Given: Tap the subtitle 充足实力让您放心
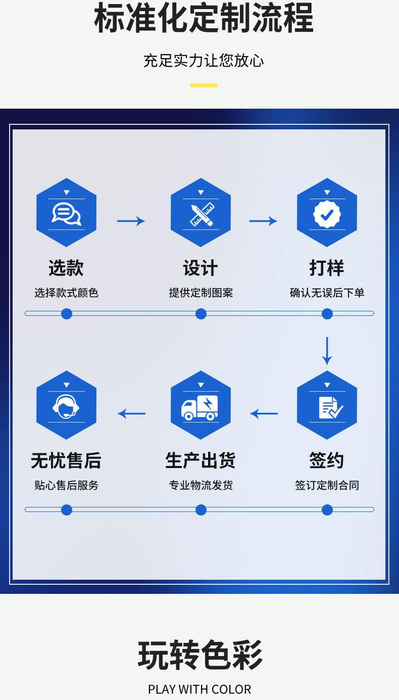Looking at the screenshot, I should click(204, 61).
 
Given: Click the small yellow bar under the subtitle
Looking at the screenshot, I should click(204, 85).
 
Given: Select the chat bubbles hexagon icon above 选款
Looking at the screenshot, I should click(66, 213).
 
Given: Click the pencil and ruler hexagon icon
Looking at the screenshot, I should click(201, 213).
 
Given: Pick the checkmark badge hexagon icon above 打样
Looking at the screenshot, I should click(327, 213).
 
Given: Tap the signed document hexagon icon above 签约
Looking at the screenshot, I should click(327, 405).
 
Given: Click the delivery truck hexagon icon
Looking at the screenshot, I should click(201, 405).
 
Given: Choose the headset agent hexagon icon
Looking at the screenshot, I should click(66, 405).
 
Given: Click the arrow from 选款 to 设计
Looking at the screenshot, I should click(131, 221).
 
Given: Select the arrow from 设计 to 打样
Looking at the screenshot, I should click(263, 221).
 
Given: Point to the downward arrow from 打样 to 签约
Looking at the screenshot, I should click(327, 350).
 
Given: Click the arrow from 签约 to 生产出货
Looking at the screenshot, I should click(264, 414).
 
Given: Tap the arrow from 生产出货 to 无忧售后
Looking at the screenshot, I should click(131, 414).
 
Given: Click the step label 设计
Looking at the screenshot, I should click(201, 268).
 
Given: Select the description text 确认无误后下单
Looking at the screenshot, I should click(327, 293).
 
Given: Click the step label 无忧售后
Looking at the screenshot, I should click(66, 460).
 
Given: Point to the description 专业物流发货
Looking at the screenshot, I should click(201, 485).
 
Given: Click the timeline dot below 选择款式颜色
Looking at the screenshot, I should click(66, 314).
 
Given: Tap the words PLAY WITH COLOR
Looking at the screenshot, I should click(199, 689).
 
